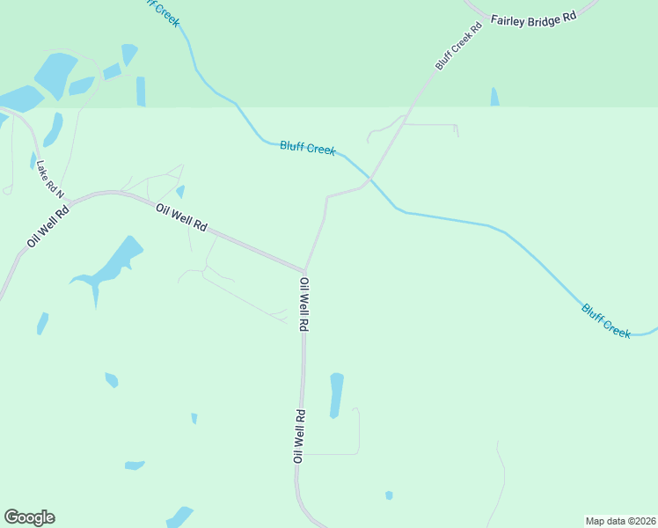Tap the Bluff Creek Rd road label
coord(460,47)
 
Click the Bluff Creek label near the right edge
coord(606,320)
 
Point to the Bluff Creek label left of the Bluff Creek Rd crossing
coord(307,148)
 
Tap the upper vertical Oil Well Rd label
coord(303,304)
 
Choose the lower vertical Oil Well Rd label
coord(299,436)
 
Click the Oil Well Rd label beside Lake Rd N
coord(48,225)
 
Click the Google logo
coord(29,517)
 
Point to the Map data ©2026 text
coord(620,520)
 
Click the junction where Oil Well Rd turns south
coord(305,270)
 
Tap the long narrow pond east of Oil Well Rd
coord(336,395)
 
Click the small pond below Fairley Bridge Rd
coord(494,97)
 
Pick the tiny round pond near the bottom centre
coord(389,495)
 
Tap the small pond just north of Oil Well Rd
coord(180,191)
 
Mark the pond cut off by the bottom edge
coord(179,517)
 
